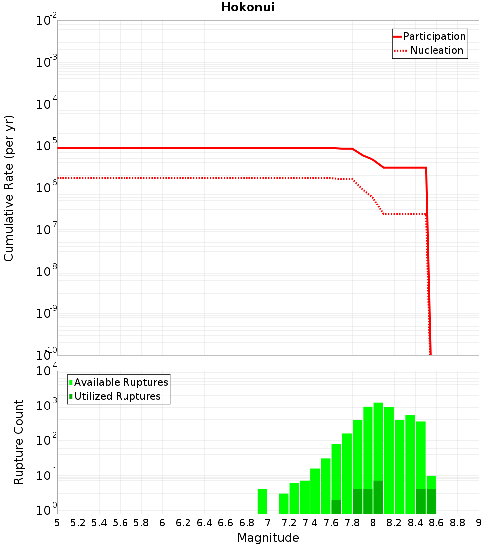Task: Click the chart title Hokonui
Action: point(248,7)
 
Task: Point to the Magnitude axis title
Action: point(268,538)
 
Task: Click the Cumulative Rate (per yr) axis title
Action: point(9,188)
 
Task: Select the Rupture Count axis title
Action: point(19,442)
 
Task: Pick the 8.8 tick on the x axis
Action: point(457,523)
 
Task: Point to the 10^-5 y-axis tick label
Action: point(47,146)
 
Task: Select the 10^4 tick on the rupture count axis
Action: point(47,372)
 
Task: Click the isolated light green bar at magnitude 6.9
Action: point(262,501)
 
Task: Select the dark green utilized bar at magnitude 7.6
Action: point(336,507)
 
